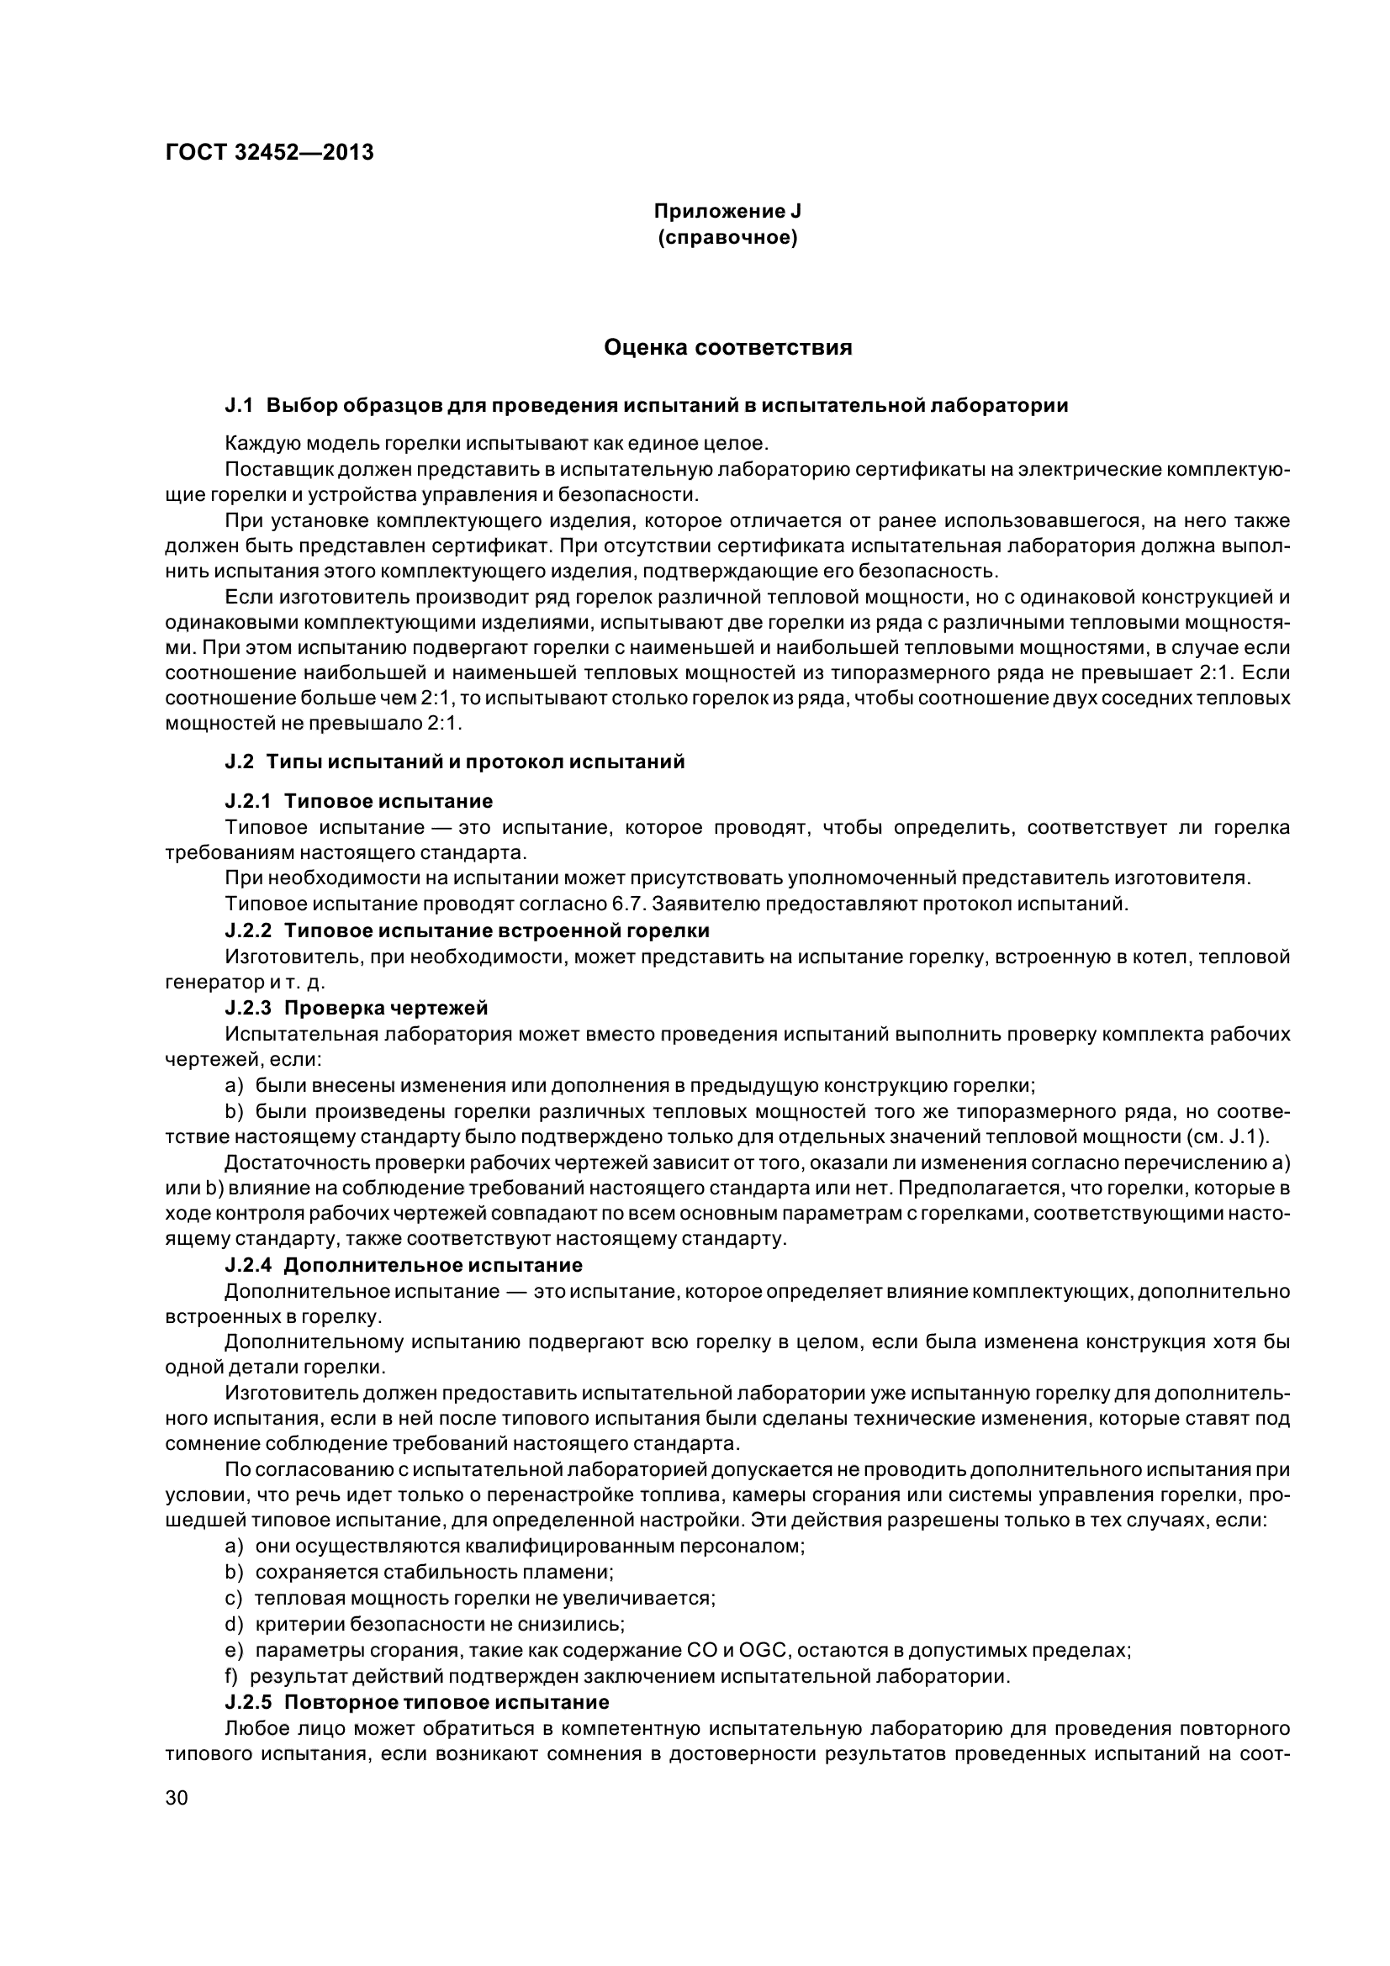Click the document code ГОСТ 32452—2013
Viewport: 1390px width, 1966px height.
click(x=269, y=153)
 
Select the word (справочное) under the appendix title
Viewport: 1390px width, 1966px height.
click(x=727, y=237)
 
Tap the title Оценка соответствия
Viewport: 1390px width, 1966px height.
click(x=727, y=348)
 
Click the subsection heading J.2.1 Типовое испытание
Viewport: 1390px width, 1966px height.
click(x=359, y=802)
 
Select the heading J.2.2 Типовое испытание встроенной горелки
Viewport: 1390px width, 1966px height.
click(x=467, y=930)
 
